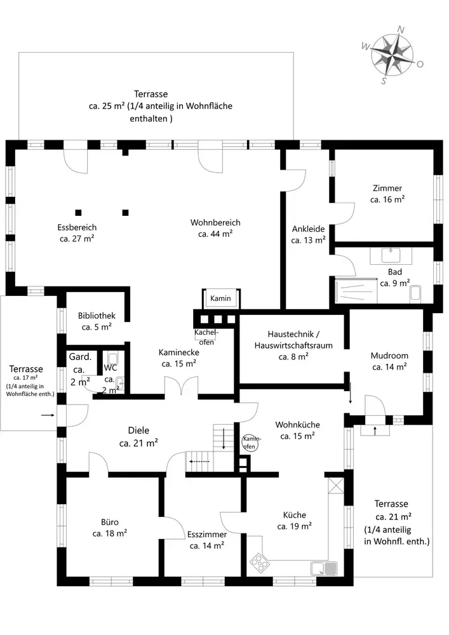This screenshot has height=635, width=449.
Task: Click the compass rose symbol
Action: (392, 55)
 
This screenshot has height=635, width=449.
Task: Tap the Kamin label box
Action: (220, 298)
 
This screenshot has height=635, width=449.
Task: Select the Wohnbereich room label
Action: (215, 228)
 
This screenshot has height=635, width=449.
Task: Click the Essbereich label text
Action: (77, 233)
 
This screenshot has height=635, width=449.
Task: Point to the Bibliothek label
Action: (97, 321)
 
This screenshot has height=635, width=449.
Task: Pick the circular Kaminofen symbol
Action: (250, 443)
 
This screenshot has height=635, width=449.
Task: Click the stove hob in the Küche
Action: (258, 563)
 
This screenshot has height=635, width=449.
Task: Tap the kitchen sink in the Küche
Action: (324, 568)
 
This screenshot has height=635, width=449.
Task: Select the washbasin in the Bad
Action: (391, 255)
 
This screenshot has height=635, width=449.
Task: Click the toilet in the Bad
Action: (416, 293)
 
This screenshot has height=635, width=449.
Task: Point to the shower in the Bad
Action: (356, 290)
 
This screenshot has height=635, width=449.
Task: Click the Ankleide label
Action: (309, 234)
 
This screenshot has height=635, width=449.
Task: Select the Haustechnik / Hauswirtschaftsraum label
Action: (293, 345)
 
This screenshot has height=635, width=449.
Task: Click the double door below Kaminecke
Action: (181, 386)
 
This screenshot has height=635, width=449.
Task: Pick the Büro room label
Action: (110, 528)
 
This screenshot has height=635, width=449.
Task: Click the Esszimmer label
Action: (207, 540)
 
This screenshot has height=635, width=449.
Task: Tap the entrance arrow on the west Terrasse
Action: (48, 415)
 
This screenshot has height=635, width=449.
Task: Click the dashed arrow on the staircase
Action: (199, 461)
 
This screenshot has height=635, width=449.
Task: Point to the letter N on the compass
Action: (401, 29)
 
